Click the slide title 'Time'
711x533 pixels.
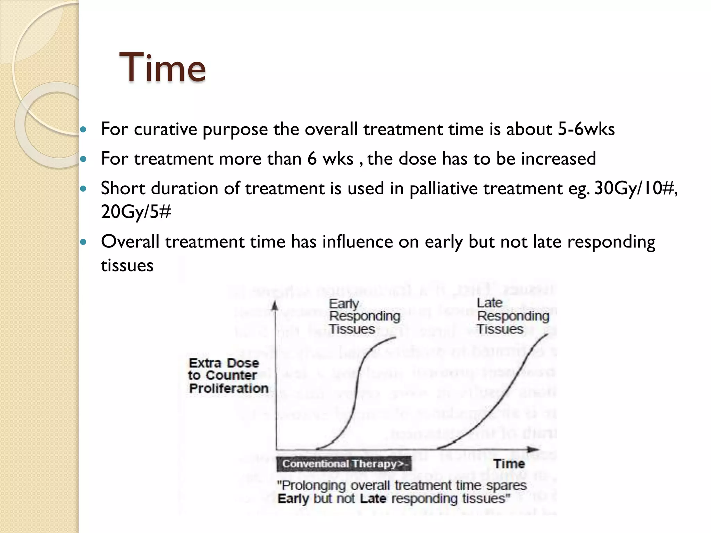click(162, 67)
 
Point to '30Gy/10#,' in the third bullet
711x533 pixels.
click(636, 188)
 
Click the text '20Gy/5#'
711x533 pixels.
click(136, 212)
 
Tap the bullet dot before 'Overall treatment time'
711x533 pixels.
click(83, 242)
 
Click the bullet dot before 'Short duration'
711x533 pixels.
click(83, 189)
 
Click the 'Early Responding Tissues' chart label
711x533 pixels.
click(364, 316)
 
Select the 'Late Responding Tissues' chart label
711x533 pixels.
click(512, 316)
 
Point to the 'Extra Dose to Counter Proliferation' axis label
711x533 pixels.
click(228, 376)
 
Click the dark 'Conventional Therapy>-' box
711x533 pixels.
click(344, 464)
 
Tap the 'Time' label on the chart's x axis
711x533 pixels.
click(509, 464)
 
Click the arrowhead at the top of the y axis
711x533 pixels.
click(275, 305)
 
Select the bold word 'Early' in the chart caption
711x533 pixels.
click(293, 499)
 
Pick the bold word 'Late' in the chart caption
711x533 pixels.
click(373, 499)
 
